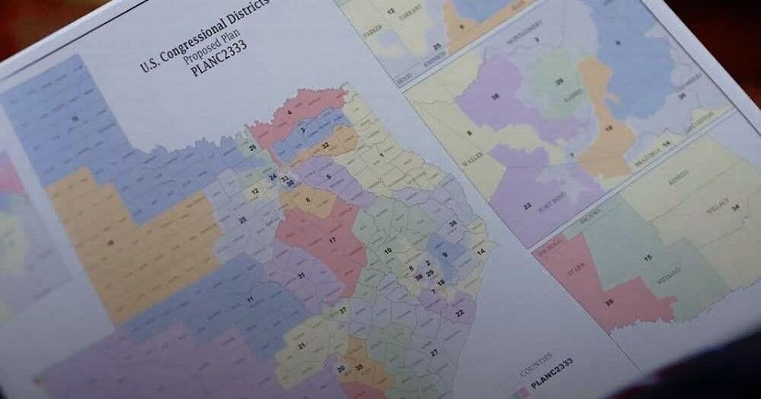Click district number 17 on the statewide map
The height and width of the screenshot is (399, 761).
(333, 240)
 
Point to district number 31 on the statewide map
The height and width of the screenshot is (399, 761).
(301, 274)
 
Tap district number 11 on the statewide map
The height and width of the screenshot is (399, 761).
(250, 300)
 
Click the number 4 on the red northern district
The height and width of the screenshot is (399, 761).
(290, 113)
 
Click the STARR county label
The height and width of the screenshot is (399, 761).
(580, 267)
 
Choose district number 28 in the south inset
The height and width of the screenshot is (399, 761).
(609, 302)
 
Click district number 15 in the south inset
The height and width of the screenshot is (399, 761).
(648, 258)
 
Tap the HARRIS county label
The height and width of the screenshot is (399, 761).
(570, 97)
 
